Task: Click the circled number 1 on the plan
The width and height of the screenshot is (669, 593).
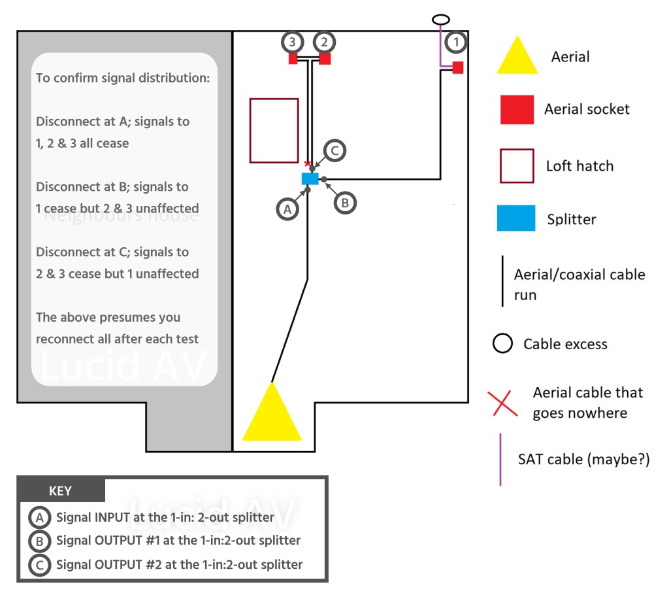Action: (x=457, y=42)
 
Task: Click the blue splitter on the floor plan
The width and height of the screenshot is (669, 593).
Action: (x=310, y=178)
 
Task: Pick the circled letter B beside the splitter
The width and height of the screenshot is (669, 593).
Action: (x=345, y=203)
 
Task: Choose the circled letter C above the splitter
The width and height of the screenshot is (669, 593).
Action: (x=334, y=151)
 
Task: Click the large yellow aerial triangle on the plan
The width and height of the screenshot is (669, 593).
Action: (x=272, y=415)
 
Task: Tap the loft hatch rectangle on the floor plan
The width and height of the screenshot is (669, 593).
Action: (x=274, y=131)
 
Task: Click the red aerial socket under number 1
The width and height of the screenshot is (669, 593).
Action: (x=457, y=67)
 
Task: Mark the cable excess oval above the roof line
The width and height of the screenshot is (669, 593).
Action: (x=441, y=20)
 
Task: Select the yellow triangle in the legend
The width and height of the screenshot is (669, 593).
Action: (x=517, y=56)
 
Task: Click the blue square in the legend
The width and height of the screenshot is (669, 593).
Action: (x=517, y=218)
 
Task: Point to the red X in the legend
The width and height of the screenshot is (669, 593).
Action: (x=502, y=403)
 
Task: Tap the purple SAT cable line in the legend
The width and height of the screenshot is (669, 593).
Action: (x=500, y=459)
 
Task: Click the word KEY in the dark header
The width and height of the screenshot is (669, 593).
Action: (x=61, y=491)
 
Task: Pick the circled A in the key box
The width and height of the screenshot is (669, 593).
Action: (x=40, y=518)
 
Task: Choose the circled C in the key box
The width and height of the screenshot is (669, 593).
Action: (x=40, y=564)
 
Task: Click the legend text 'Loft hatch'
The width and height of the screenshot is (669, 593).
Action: (x=579, y=165)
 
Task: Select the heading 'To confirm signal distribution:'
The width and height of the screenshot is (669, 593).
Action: (x=122, y=78)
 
